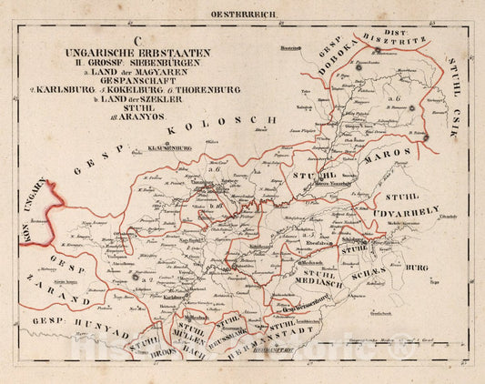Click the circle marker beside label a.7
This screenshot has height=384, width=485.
pos(134,277)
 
